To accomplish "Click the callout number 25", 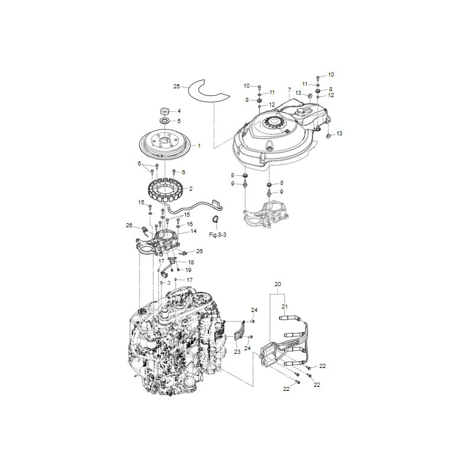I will pos(176,87).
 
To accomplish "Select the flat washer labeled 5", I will pos(164,121).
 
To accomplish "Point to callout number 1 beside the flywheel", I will pos(198,145).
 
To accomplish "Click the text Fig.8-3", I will pos(217,234).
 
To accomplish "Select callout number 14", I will pos(193,231).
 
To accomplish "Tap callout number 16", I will pos(190,224).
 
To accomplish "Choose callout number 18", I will pos(191,261).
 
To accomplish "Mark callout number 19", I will pos(188,270).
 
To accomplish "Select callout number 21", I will pos(284,307).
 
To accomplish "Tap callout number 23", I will pos(237,351).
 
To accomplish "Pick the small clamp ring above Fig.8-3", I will pos(216,220).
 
